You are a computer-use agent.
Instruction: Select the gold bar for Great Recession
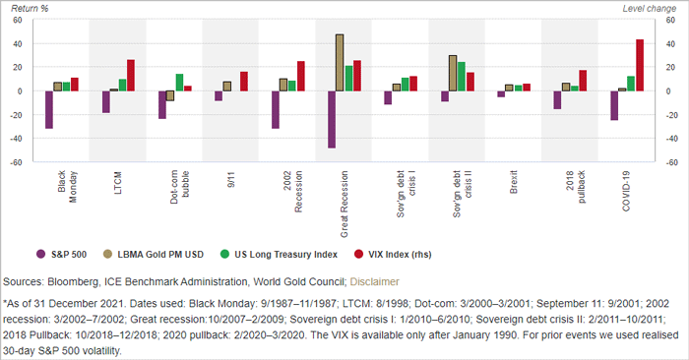pos(340,63)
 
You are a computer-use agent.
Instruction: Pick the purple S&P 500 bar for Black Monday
pos(49,109)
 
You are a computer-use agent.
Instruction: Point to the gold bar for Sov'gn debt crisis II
pos(453,73)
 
